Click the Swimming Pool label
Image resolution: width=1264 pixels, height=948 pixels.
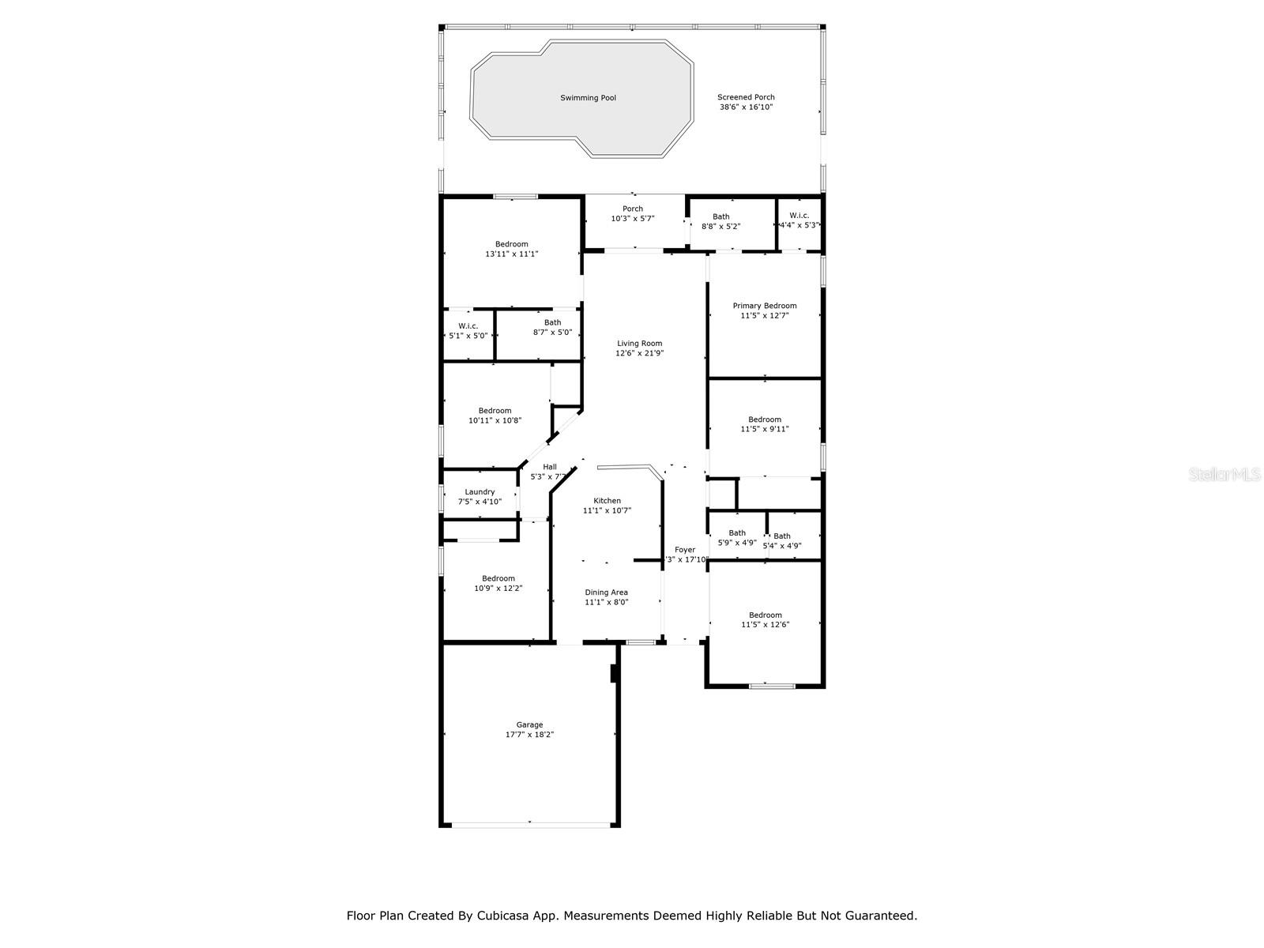[x=588, y=98]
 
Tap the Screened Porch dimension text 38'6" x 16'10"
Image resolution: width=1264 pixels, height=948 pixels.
[x=746, y=107]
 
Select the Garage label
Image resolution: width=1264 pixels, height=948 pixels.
[x=529, y=724]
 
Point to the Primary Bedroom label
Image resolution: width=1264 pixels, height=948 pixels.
[x=764, y=306]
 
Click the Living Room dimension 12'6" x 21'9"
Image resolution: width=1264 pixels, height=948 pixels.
[x=639, y=353]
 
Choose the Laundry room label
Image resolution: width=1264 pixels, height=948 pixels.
[x=480, y=491]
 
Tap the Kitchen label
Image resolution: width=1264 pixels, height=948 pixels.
[x=607, y=501]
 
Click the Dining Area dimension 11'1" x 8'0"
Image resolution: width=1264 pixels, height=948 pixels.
[x=606, y=602]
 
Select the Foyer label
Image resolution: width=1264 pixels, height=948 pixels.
[x=685, y=550]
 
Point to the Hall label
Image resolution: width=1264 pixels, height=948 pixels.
[x=549, y=467]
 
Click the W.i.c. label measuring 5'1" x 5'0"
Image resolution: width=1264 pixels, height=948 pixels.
[x=468, y=326]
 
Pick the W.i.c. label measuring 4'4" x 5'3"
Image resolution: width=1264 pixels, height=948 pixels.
[x=799, y=216]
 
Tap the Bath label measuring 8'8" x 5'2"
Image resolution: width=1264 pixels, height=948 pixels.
[x=720, y=216]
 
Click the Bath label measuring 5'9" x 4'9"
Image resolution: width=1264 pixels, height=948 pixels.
[x=736, y=533]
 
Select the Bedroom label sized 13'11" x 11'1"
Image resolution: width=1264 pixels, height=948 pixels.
[x=511, y=244]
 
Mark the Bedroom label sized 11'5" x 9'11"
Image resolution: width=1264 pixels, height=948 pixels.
[x=764, y=419]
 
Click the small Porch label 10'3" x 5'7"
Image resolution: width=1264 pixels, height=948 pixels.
[x=632, y=209]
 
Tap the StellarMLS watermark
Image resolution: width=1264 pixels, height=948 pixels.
[x=1224, y=474]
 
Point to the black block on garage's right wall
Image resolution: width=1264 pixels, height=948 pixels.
[x=614, y=673]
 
